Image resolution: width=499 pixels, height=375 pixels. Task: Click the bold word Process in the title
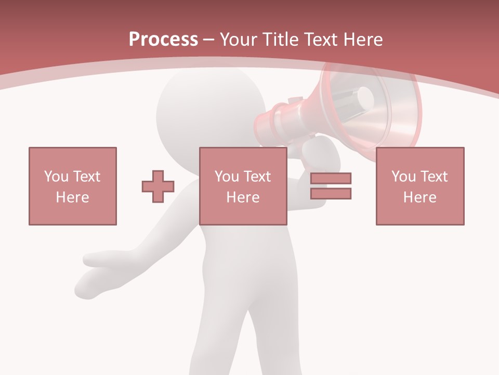click(x=163, y=40)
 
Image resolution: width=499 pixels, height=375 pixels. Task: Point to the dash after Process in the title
click(x=208, y=40)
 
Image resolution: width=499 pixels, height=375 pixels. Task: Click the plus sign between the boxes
click(x=158, y=186)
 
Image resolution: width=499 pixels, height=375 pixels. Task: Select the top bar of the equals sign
click(x=331, y=179)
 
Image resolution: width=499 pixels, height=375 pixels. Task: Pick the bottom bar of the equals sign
click(x=331, y=194)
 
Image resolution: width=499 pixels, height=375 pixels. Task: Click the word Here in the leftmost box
click(x=72, y=197)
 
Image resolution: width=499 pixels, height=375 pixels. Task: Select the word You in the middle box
click(x=227, y=177)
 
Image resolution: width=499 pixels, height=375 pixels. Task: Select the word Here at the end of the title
click(x=363, y=40)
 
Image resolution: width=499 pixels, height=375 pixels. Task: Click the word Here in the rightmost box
click(x=419, y=197)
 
